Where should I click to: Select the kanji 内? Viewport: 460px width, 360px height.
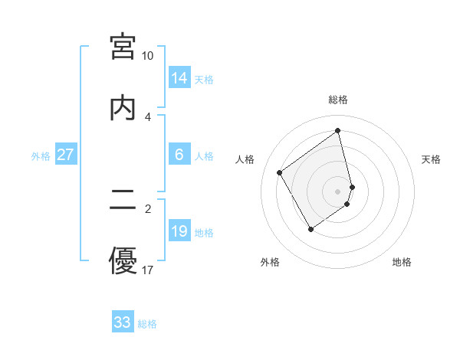(123, 107)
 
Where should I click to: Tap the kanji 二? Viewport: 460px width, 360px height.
(123, 201)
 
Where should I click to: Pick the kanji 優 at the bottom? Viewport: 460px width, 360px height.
(123, 261)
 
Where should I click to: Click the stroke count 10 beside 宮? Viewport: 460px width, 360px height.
(147, 56)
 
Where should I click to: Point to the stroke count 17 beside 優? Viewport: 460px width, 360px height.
(147, 270)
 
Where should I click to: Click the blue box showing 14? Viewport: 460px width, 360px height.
(179, 77)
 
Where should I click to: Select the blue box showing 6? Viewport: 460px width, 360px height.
(179, 155)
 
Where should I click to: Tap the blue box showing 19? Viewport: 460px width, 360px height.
(179, 231)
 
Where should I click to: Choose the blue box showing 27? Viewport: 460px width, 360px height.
(65, 155)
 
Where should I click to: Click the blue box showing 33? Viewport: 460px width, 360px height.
(123, 322)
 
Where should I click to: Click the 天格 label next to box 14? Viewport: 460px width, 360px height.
(204, 80)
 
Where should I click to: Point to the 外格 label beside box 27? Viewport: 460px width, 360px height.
(41, 156)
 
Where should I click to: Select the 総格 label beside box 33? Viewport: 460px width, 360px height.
(147, 324)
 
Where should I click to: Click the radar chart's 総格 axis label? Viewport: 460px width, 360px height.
(338, 100)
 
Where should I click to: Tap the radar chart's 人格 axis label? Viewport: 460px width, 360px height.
(245, 159)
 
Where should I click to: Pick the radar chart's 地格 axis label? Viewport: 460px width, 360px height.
(402, 262)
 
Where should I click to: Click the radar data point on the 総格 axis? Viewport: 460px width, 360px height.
(338, 131)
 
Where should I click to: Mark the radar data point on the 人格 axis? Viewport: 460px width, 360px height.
(280, 172)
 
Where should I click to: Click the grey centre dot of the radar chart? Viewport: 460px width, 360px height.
(338, 191)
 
